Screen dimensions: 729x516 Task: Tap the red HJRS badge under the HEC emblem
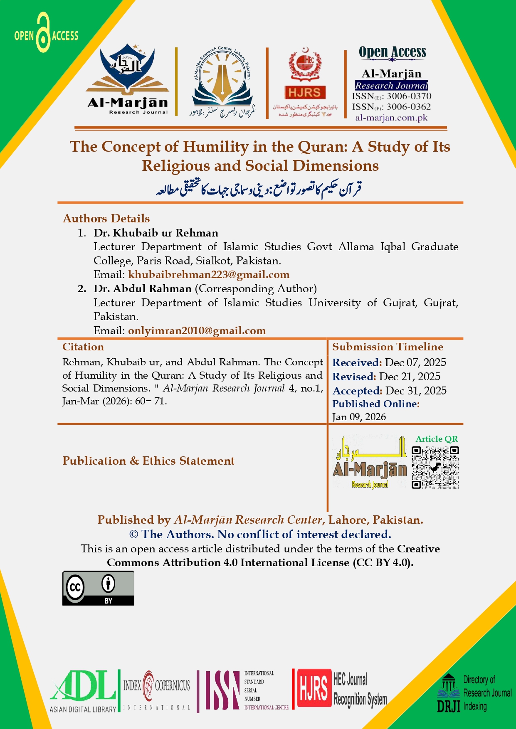tap(305, 92)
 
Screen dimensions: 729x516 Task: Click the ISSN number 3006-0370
tap(409, 96)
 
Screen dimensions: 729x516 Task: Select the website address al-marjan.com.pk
tap(391, 118)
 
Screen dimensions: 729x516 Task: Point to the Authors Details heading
tap(106, 219)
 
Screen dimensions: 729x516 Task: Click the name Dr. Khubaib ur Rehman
tap(156, 233)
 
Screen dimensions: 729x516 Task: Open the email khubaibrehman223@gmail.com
tap(209, 274)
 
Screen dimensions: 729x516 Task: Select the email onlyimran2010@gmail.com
tap(197, 330)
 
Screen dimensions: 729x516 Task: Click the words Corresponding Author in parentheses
tap(256, 288)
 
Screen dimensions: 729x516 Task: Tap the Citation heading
tap(83, 347)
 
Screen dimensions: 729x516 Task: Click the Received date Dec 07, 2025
tap(415, 362)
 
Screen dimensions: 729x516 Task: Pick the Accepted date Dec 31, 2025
tap(416, 391)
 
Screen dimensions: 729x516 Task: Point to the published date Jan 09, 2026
tap(359, 417)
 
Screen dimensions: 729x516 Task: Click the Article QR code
tap(435, 468)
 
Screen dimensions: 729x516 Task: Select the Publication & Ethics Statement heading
tap(148, 461)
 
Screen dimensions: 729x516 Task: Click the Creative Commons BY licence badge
tap(98, 588)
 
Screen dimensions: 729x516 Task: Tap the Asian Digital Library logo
tap(83, 691)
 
